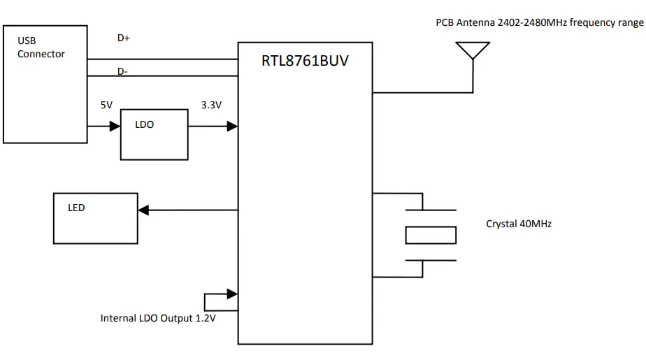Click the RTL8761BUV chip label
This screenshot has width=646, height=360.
pyautogui.click(x=305, y=61)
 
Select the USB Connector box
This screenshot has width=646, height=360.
pyautogui.click(x=45, y=84)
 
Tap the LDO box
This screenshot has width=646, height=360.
pyautogui.click(x=154, y=134)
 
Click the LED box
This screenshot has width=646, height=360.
pyautogui.click(x=95, y=218)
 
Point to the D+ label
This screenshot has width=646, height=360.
pyautogui.click(x=124, y=38)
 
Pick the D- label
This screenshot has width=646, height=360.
pyautogui.click(x=123, y=71)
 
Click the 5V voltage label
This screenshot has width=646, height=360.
pyautogui.click(x=106, y=105)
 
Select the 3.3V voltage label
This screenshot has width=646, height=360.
pyautogui.click(x=211, y=105)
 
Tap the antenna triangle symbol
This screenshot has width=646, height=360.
pyautogui.click(x=472, y=50)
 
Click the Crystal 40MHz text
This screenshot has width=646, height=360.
pyautogui.click(x=519, y=224)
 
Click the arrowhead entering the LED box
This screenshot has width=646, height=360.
pyautogui.click(x=143, y=210)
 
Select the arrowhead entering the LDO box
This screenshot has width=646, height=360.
pyautogui.click(x=115, y=127)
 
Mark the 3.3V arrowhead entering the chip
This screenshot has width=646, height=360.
pyautogui.click(x=233, y=127)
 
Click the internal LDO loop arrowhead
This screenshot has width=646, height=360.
pyautogui.click(x=233, y=293)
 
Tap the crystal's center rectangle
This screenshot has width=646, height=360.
pyautogui.click(x=431, y=235)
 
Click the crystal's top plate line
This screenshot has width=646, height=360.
pyautogui.click(x=431, y=209)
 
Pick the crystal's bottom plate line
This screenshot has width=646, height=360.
pyautogui.click(x=431, y=261)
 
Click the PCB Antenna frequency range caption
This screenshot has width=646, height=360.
pyautogui.click(x=539, y=23)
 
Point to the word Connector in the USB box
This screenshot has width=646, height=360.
pyautogui.click(x=41, y=54)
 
